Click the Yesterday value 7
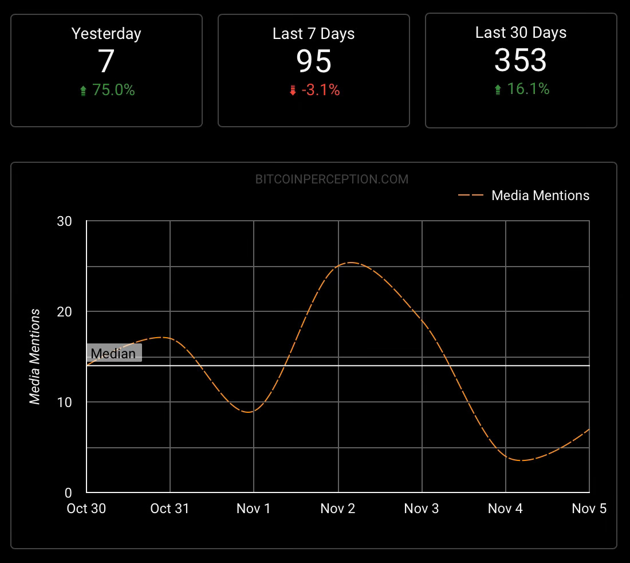coord(107,61)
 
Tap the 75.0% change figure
coord(113,90)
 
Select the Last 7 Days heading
coord(313,34)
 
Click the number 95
coord(314,61)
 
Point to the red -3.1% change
coord(320,90)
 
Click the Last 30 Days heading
coord(521,33)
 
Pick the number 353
coord(521,60)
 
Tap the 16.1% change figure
coord(527,89)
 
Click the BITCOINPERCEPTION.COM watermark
coord(332,179)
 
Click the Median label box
coord(113,353)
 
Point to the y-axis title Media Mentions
coord(36,357)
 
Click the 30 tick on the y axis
coord(64,221)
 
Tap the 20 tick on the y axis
coord(64,312)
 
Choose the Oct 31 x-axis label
coord(170,509)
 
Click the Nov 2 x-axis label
coord(338,509)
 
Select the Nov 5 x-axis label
coord(589,509)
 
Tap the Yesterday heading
coord(106,34)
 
